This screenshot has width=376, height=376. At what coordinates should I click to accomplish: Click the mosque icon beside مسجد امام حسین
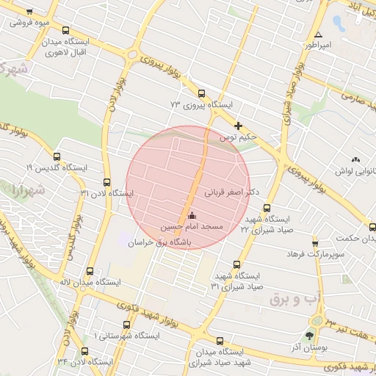(x=192, y=216)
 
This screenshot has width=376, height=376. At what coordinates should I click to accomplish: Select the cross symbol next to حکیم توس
(x=238, y=126)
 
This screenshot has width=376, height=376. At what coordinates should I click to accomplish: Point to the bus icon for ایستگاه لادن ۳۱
(x=107, y=182)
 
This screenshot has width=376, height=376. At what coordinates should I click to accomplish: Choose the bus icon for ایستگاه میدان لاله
(x=90, y=271)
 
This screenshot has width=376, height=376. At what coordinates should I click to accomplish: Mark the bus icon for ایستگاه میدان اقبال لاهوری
(x=67, y=32)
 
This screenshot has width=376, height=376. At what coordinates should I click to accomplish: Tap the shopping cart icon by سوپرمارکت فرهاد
(x=315, y=243)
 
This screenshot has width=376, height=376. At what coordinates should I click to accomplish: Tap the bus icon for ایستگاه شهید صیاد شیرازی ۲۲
(x=267, y=208)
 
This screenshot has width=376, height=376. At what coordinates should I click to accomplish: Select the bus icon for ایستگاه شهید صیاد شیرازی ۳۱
(x=236, y=264)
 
